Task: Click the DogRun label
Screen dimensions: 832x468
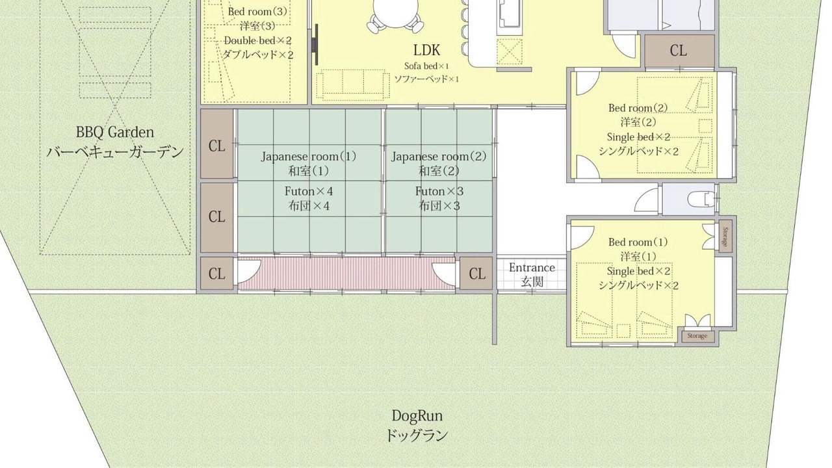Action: click(417, 415)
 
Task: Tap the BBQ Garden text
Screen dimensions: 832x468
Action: click(115, 132)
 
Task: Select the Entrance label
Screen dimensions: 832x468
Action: click(532, 268)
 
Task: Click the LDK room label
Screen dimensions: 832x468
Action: click(426, 50)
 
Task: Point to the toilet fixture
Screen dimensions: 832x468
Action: click(700, 199)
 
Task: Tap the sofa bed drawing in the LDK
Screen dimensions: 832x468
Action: click(352, 85)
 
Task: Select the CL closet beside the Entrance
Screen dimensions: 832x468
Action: click(476, 274)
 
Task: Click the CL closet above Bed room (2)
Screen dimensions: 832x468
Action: click(679, 51)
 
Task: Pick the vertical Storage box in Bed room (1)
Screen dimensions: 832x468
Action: click(725, 237)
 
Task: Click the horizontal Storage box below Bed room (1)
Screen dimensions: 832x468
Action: click(697, 336)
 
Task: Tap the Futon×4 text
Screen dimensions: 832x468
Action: click(309, 191)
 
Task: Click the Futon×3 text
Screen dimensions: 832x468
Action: click(439, 191)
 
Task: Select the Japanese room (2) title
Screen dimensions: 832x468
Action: click(439, 157)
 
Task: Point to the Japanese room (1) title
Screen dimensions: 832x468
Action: click(309, 157)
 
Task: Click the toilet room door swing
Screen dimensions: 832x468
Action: click(647, 201)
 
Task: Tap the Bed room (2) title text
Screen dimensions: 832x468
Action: click(638, 108)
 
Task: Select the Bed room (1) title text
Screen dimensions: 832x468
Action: click(638, 242)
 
